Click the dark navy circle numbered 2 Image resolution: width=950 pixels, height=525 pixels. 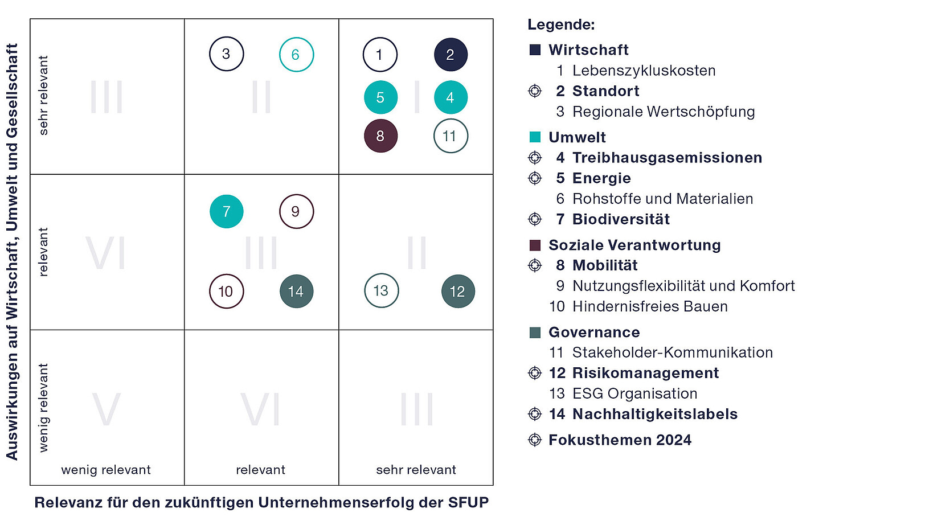click(451, 55)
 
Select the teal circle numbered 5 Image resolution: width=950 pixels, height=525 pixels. click(380, 97)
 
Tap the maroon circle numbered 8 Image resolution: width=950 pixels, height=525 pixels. click(380, 136)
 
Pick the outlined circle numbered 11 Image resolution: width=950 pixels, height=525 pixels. click(451, 136)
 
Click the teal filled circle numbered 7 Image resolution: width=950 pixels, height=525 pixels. click(227, 211)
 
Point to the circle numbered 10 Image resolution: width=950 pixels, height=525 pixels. click(227, 292)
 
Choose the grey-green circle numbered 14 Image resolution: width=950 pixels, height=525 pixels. click(296, 292)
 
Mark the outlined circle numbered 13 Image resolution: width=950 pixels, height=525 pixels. click(381, 291)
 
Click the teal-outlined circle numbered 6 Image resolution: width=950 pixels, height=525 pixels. click(296, 55)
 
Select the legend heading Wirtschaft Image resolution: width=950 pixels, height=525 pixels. click(588, 50)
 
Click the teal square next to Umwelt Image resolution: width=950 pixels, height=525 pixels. click(535, 137)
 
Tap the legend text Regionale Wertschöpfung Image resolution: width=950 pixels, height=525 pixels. click(664, 112)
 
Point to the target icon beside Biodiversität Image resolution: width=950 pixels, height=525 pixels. click(535, 219)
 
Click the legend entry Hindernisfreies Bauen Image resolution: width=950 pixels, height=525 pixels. click(650, 306)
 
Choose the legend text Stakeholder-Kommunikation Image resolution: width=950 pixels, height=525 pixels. click(673, 352)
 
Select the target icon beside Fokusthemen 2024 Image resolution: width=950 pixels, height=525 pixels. click(535, 440)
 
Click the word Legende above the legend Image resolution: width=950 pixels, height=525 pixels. click(561, 24)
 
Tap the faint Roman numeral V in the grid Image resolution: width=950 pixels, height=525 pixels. click(107, 409)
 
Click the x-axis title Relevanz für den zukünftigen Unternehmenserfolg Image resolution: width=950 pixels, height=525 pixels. click(261, 503)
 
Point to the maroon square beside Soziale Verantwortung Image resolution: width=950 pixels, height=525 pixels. click(535, 245)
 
